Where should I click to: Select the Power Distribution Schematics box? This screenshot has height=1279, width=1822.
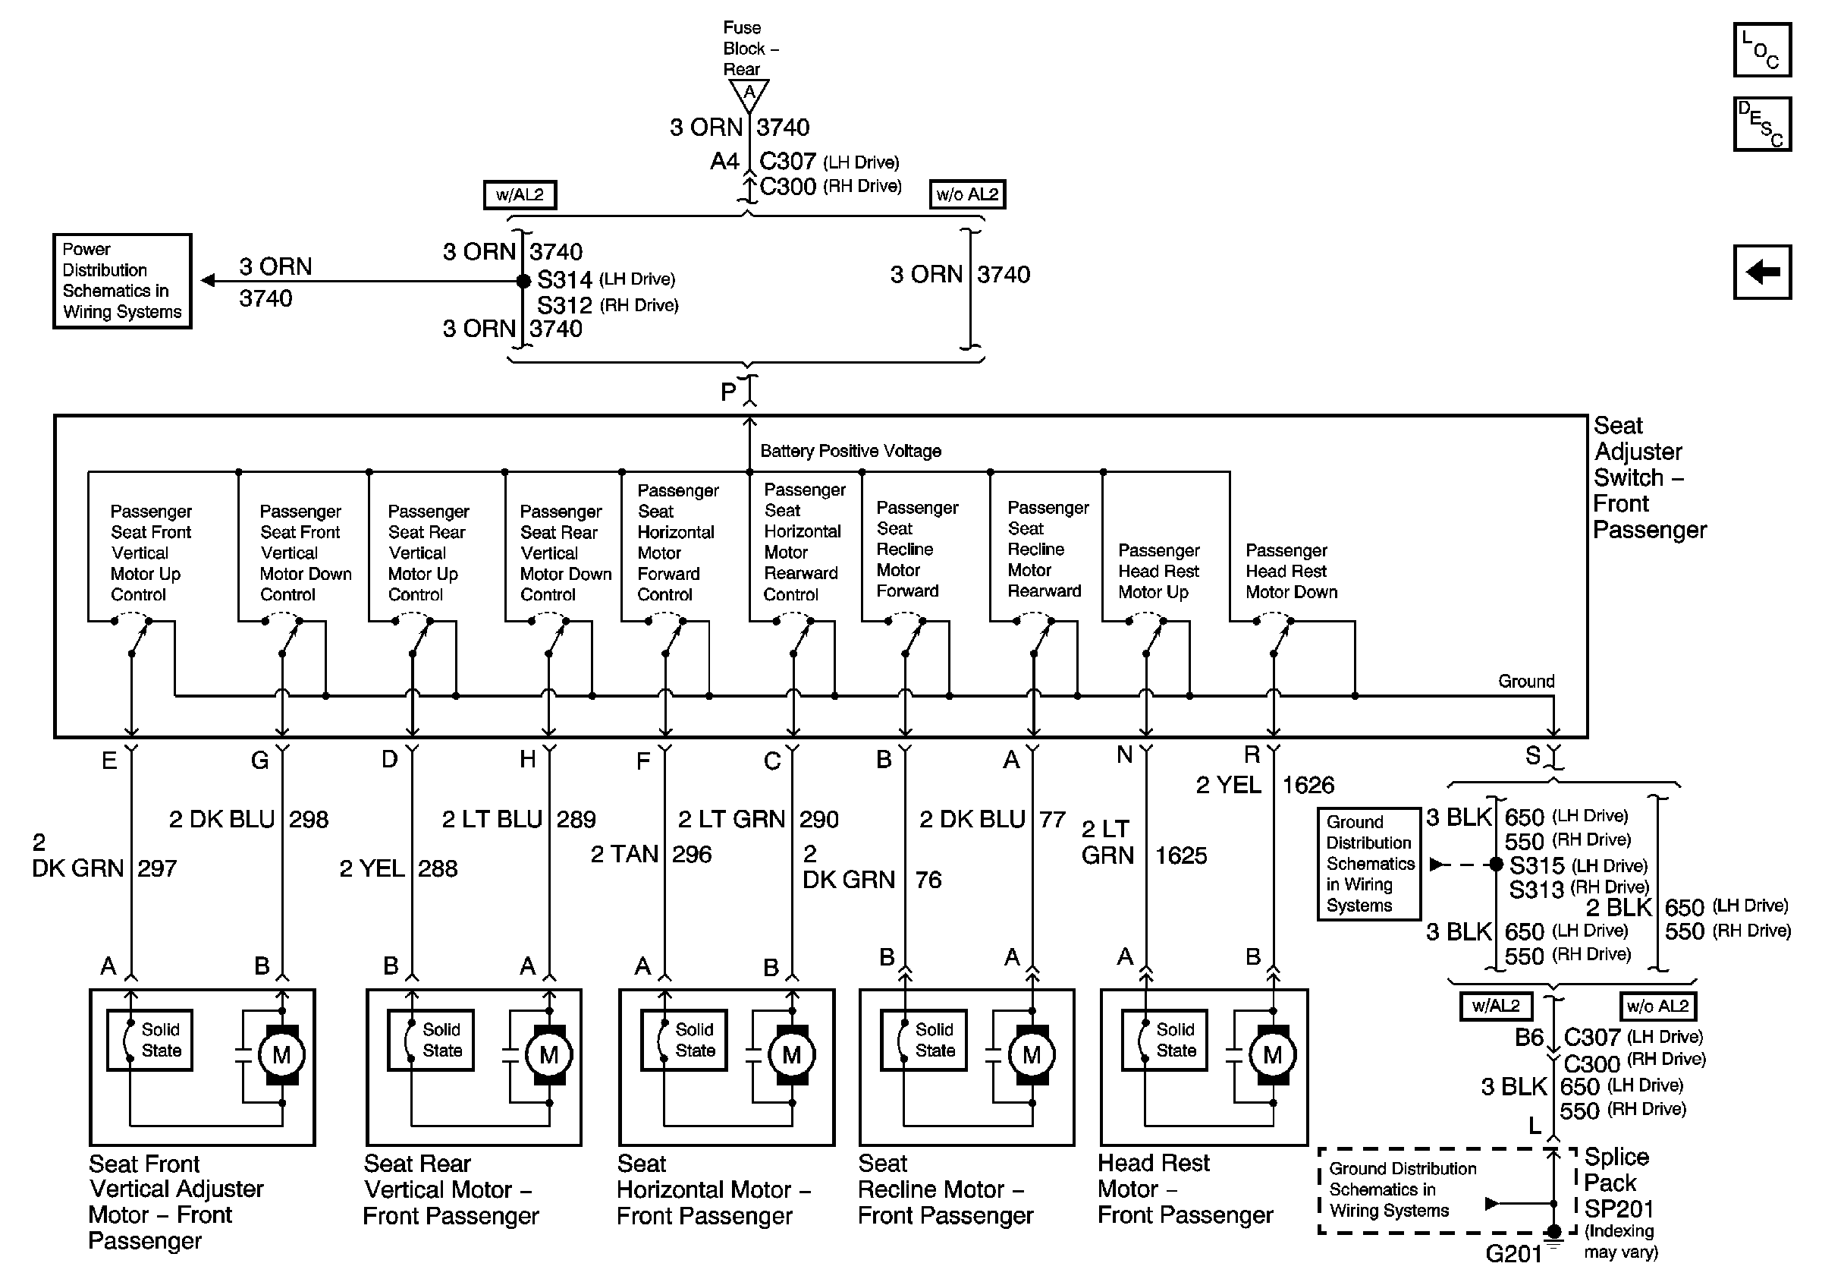coord(122,281)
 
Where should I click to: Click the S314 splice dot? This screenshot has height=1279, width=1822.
coord(523,281)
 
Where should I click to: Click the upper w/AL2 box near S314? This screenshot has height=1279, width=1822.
coord(520,194)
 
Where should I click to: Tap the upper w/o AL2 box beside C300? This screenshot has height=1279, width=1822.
coord(967,194)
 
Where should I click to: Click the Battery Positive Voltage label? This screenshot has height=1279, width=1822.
coord(850,451)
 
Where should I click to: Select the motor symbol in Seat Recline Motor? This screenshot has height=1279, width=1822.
coord(1032,1055)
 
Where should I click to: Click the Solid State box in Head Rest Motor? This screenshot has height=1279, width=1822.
coord(1165,1040)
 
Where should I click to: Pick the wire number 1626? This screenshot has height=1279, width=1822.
coord(1308,785)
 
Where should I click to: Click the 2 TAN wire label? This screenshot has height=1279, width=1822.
coord(624,854)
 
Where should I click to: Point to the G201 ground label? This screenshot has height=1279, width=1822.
coord(1513,1254)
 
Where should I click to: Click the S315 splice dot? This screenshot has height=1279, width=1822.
coord(1496,865)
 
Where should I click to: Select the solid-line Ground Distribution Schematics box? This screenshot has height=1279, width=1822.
coord(1369,864)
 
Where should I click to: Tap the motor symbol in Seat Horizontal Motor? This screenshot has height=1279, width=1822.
coord(791,1055)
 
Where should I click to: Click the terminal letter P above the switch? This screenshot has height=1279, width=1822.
coord(728,392)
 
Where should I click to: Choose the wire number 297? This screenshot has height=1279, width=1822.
coord(157,868)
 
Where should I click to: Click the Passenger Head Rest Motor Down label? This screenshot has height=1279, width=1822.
coord(1291,571)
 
